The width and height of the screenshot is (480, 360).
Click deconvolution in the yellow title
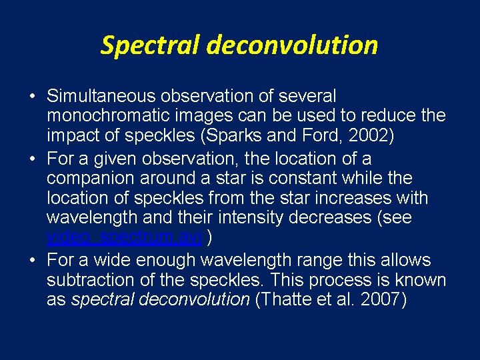coord(292,45)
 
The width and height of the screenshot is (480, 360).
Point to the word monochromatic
coord(109,116)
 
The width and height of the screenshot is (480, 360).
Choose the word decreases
coord(330,218)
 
